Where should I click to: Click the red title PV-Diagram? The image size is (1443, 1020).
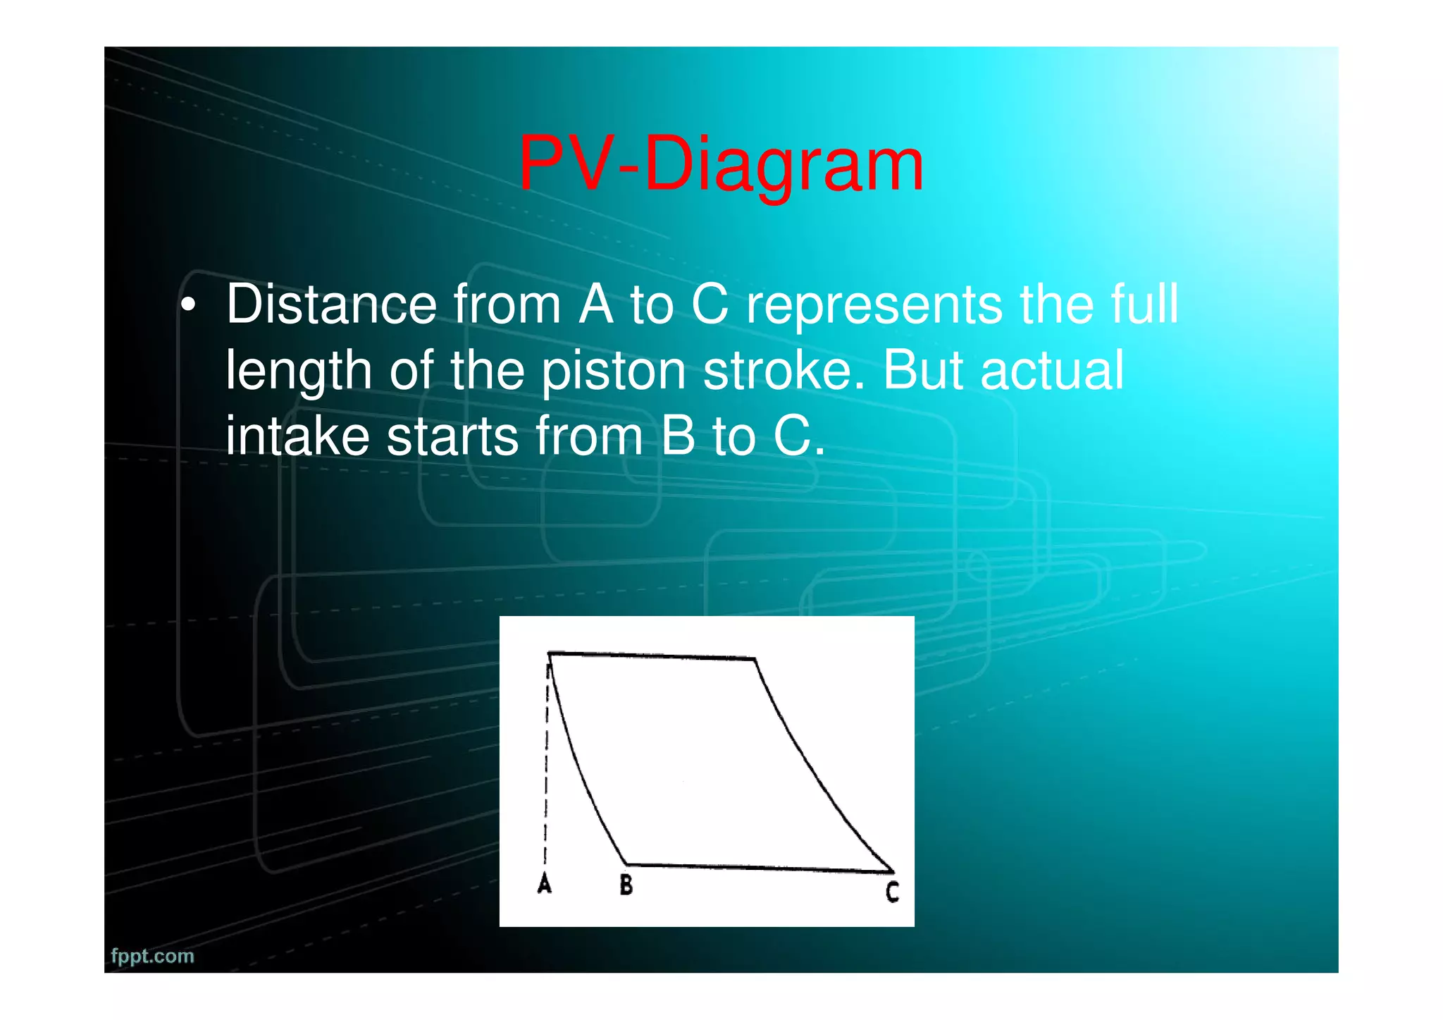[x=720, y=165]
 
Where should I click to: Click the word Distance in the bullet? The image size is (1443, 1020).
[x=331, y=305]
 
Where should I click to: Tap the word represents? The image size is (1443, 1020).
[x=874, y=305]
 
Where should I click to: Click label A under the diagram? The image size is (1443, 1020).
[x=544, y=883]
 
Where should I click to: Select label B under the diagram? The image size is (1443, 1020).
[x=626, y=884]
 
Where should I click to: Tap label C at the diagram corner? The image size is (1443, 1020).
[x=892, y=892]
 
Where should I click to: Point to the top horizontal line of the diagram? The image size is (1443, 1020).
[x=652, y=656]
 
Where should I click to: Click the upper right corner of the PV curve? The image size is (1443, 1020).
[x=755, y=659]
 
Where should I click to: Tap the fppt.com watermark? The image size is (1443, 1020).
[x=152, y=956]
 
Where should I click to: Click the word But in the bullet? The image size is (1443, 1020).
[x=923, y=371]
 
